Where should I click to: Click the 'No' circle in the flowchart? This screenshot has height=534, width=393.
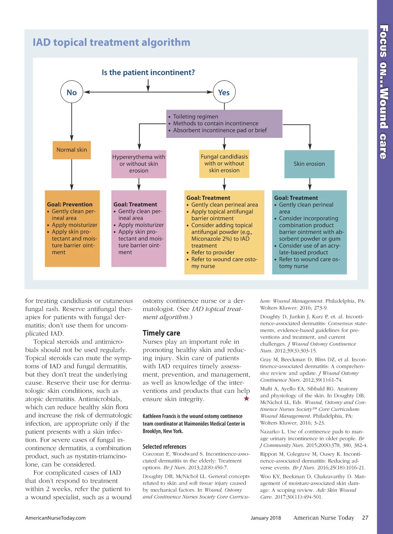(x=72, y=92)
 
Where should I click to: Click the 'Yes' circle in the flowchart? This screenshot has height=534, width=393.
(x=224, y=92)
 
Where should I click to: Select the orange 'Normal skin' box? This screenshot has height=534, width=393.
(x=72, y=150)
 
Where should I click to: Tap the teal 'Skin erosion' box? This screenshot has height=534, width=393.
(x=309, y=164)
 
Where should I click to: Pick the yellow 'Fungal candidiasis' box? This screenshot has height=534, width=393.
(x=224, y=163)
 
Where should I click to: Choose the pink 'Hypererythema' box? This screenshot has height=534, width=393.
(x=139, y=164)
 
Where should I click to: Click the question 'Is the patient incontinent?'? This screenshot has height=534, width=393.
(x=148, y=72)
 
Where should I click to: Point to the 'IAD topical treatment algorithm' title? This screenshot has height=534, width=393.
(x=111, y=42)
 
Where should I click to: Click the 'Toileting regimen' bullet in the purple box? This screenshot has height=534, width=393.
(x=196, y=117)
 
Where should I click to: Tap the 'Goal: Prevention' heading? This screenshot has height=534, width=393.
(x=70, y=204)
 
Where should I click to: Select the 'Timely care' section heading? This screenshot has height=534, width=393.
(x=161, y=333)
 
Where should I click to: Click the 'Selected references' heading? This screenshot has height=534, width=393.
(x=164, y=447)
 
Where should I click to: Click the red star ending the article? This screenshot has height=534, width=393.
(x=246, y=398)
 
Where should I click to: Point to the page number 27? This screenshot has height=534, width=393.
(x=365, y=518)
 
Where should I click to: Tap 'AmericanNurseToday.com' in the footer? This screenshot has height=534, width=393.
(x=55, y=518)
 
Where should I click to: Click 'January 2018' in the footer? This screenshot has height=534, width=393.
(x=266, y=518)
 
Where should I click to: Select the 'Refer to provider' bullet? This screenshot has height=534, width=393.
(x=213, y=252)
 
